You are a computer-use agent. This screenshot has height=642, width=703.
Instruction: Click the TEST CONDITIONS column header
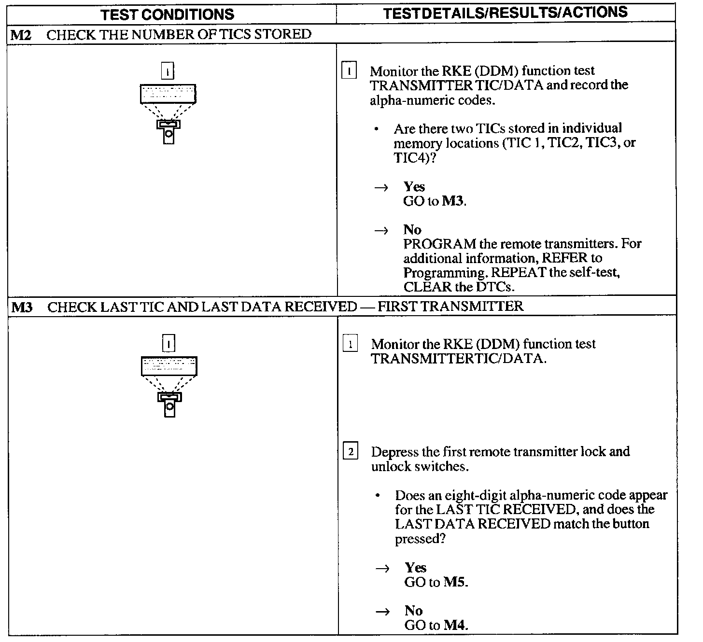pos(168,14)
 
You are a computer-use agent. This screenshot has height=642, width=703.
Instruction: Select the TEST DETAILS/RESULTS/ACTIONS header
pos(505,13)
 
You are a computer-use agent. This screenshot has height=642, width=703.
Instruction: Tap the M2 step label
pos(21,34)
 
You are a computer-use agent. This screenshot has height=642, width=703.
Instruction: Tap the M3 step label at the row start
pos(21,307)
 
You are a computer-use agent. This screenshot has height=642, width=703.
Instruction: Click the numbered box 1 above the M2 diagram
pos(168,71)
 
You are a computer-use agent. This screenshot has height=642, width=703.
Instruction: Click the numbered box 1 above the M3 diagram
pos(169,344)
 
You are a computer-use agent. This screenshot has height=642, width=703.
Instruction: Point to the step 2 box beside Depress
pos(350,452)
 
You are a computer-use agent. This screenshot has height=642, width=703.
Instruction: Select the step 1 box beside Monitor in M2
pos(349,72)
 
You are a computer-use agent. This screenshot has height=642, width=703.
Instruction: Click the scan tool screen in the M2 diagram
pos(168,94)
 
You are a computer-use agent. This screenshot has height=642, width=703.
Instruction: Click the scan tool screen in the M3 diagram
pos(169,366)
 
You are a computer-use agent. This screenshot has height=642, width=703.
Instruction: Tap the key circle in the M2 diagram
pos(169,135)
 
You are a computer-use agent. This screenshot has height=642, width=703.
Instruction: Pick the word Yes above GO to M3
pos(414,187)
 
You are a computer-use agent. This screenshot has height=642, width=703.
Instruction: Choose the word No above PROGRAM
pos(412,230)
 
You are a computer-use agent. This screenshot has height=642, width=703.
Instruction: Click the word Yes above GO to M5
pos(415,568)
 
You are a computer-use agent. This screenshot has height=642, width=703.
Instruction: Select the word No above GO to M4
pos(413,611)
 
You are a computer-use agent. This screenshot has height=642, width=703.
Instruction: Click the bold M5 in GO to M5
pos(455,582)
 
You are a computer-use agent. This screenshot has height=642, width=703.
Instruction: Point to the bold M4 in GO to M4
pos(455,626)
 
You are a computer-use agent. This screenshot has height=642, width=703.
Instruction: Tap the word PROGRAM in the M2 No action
pos(440,244)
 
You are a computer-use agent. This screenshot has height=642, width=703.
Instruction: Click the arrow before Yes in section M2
pos(381,188)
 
